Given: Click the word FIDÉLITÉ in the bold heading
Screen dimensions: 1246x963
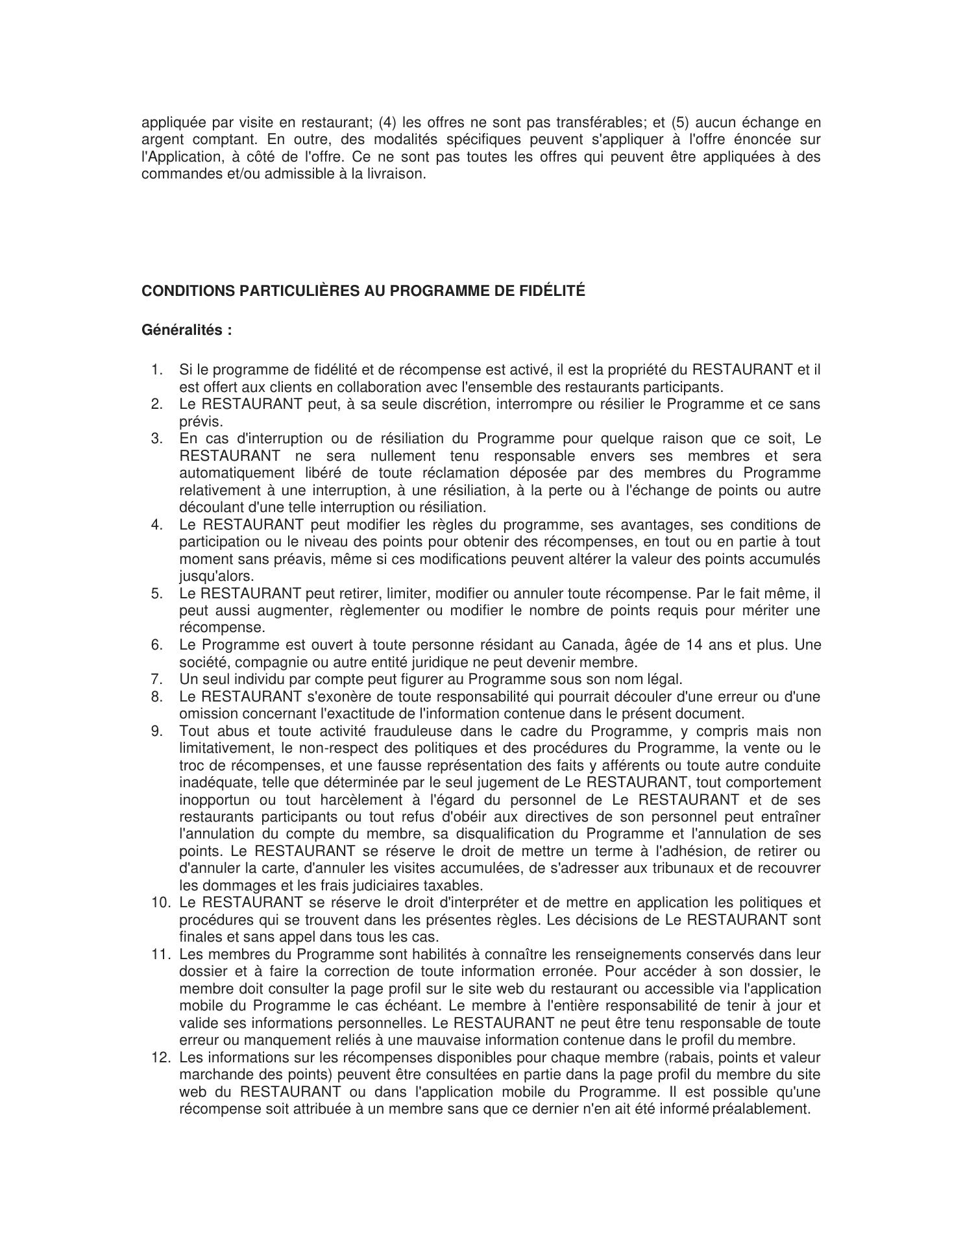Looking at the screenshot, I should pyautogui.click(x=552, y=291).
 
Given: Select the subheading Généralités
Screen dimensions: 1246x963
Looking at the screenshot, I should pyautogui.click(x=186, y=330).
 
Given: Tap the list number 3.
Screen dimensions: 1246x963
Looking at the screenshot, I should pyautogui.click(x=156, y=438).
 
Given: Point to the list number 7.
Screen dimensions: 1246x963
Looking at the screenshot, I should pyautogui.click(x=156, y=679).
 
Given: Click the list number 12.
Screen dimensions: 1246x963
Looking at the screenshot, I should pyautogui.click(x=160, y=1058).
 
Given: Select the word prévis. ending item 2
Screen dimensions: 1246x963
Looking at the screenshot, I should pyautogui.click(x=201, y=421).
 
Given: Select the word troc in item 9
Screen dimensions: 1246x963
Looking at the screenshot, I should pyautogui.click(x=191, y=765).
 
